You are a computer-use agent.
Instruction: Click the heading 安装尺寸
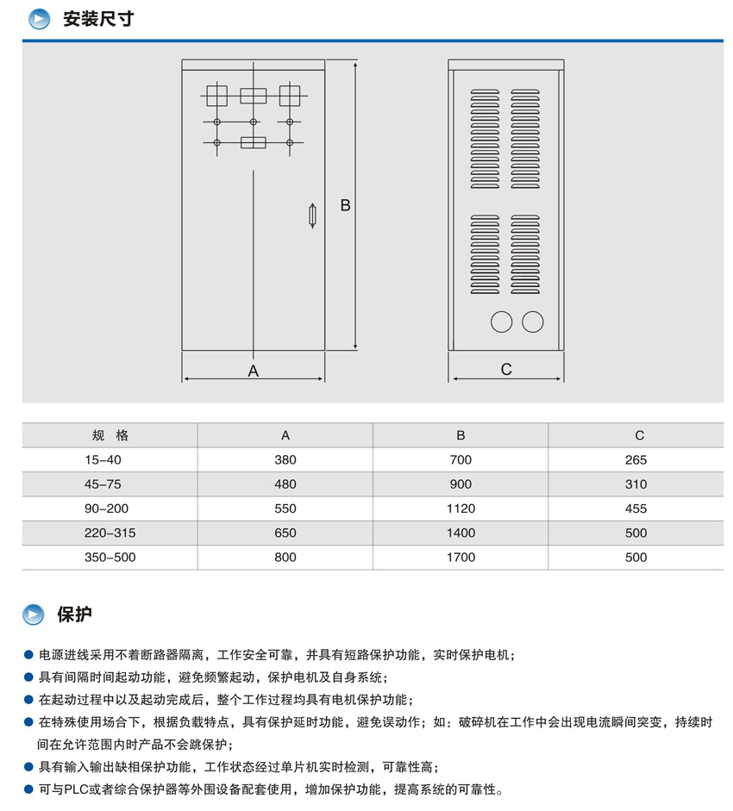pyautogui.click(x=98, y=19)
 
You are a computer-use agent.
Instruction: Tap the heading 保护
pyautogui.click(x=74, y=614)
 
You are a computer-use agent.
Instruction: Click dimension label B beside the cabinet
pyautogui.click(x=345, y=206)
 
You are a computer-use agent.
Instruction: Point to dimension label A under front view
pyautogui.click(x=254, y=371)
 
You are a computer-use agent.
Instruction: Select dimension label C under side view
pyautogui.click(x=506, y=369)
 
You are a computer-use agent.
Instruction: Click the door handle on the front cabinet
pyautogui.click(x=312, y=215)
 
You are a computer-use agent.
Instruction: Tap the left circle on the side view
pyautogui.click(x=501, y=321)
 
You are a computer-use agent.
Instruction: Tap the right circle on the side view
pyautogui.click(x=533, y=321)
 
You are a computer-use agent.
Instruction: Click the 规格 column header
pyautogui.click(x=110, y=435)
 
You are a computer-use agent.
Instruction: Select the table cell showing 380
pyautogui.click(x=285, y=460)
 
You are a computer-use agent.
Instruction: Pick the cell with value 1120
pyautogui.click(x=460, y=508)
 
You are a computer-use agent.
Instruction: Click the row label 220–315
pyautogui.click(x=110, y=533)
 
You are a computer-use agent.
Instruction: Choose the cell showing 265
pyautogui.click(x=636, y=460)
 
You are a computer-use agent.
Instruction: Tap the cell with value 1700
pyautogui.click(x=460, y=557)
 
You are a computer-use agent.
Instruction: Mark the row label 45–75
pyautogui.click(x=103, y=484)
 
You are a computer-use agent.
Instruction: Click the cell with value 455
pyautogui.click(x=636, y=508)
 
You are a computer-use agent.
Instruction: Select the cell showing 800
pyautogui.click(x=285, y=557)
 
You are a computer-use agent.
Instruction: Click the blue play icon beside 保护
pyautogui.click(x=34, y=614)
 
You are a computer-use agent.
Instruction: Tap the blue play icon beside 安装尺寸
pyautogui.click(x=39, y=19)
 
